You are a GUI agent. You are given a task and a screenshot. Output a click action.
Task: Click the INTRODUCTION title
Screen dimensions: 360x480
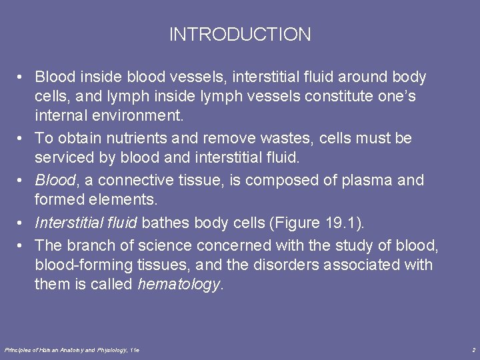[240, 35]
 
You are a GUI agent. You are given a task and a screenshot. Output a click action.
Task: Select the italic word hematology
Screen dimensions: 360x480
[178, 285]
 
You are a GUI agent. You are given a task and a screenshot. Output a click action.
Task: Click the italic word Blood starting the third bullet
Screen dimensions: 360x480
[53, 181]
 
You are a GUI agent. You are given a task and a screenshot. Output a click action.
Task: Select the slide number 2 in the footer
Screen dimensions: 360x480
[473, 349]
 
